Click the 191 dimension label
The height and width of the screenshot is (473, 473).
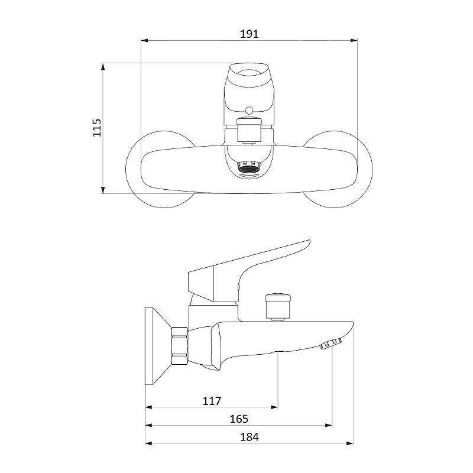(x=249, y=34)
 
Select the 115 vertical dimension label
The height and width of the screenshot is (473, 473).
(x=97, y=128)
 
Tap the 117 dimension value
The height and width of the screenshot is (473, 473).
(x=212, y=401)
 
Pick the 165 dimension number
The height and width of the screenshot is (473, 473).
(x=239, y=419)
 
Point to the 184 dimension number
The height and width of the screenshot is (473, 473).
(x=249, y=437)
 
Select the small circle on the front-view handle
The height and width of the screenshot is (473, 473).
(x=249, y=111)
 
